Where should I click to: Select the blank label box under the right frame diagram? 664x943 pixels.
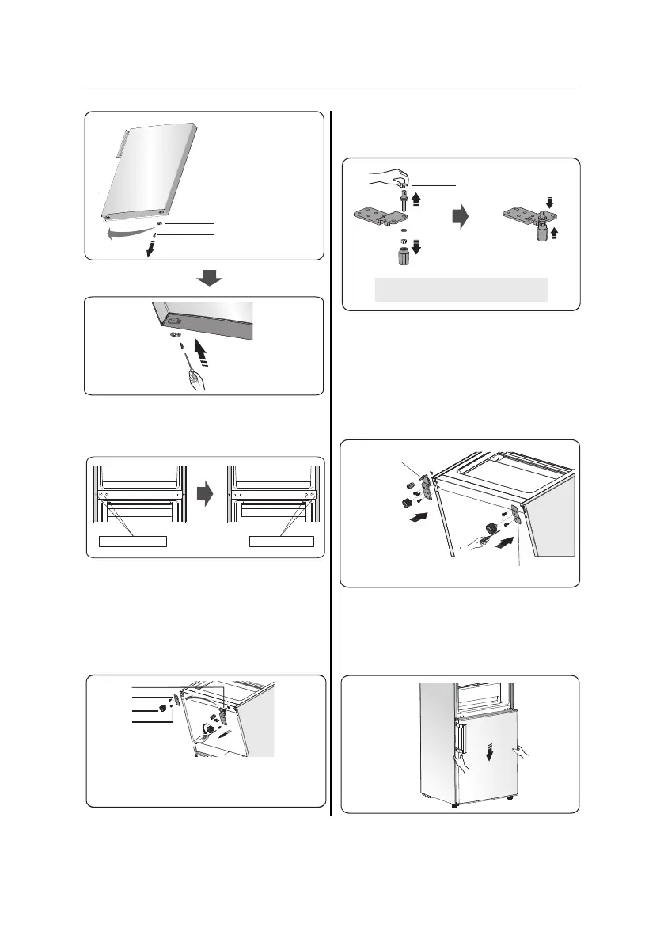click(x=281, y=542)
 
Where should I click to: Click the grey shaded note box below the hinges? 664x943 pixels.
click(x=461, y=289)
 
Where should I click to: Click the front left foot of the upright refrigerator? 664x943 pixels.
click(x=453, y=805)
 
